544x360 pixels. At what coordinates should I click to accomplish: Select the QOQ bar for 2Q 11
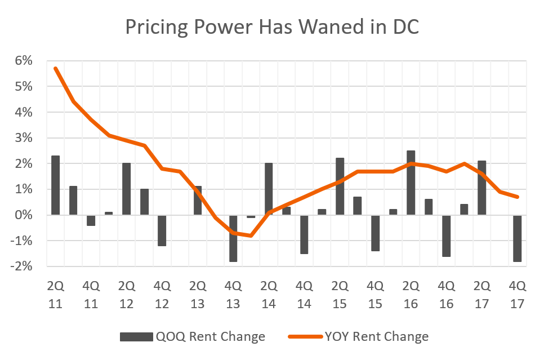(x=55, y=185)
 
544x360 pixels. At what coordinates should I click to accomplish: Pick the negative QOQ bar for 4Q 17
(x=518, y=238)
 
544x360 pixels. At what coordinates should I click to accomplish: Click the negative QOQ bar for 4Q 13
(x=233, y=238)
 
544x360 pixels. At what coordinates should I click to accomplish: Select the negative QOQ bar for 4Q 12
(x=162, y=230)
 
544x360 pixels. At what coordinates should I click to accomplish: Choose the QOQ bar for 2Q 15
(x=340, y=186)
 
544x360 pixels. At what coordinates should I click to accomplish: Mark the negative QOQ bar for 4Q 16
(x=447, y=235)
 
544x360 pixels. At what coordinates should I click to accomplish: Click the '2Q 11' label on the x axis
(x=55, y=294)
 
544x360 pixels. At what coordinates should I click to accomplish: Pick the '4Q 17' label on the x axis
(x=518, y=294)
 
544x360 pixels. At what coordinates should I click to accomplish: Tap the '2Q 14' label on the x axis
(x=269, y=294)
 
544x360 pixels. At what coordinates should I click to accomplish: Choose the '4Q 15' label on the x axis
(x=376, y=294)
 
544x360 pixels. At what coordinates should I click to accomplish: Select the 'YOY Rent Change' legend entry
(x=358, y=337)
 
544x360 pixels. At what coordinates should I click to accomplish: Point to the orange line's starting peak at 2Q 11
(x=55, y=68)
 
